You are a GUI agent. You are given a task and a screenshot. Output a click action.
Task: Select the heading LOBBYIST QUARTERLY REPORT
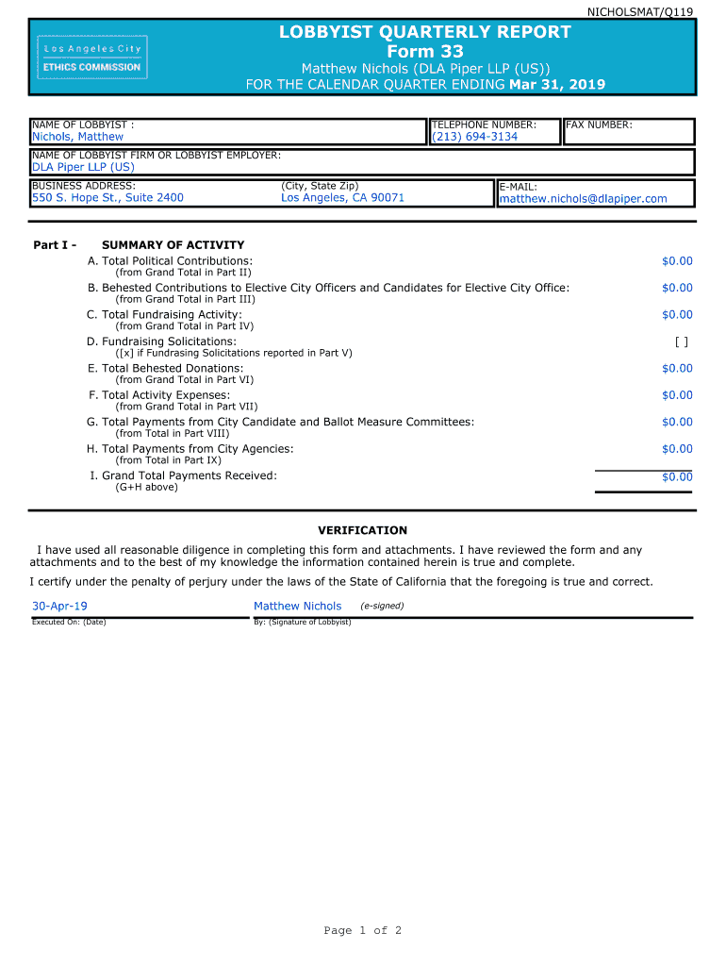tap(424, 32)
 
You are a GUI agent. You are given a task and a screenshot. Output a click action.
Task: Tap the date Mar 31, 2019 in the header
tap(557, 85)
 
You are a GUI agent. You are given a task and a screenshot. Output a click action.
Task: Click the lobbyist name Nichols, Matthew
tap(77, 137)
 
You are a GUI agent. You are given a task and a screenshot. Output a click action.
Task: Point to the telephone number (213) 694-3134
tap(474, 137)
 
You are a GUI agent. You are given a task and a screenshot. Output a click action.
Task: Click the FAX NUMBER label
tap(599, 125)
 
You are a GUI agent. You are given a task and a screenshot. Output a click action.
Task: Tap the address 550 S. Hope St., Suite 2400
tap(107, 198)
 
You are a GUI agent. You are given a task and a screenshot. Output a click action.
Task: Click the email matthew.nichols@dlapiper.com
tap(583, 199)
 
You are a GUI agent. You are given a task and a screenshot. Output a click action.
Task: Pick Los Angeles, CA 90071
tap(342, 198)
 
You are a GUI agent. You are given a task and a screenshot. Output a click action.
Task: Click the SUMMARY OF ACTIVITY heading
tap(173, 245)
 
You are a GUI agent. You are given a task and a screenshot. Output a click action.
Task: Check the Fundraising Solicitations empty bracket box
tap(682, 341)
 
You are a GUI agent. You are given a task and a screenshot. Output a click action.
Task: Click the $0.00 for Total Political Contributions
tap(677, 261)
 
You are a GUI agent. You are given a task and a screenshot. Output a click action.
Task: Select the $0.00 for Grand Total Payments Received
tap(677, 477)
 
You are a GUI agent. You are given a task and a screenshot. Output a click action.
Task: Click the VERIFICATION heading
tap(362, 530)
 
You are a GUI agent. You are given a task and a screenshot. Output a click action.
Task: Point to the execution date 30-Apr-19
tap(60, 607)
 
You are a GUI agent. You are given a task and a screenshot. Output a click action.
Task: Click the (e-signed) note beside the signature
tap(382, 606)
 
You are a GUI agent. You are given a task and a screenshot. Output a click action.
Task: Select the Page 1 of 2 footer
tap(363, 931)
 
